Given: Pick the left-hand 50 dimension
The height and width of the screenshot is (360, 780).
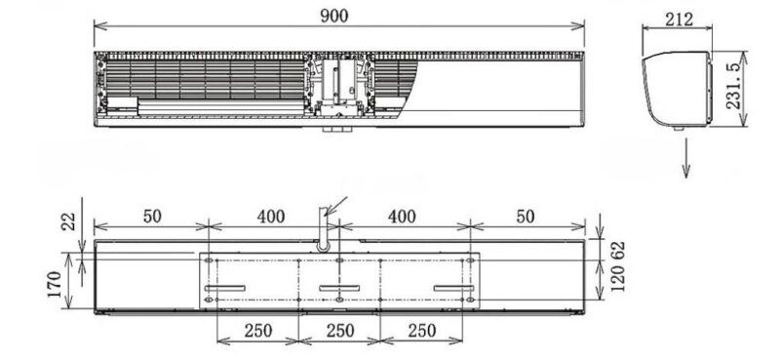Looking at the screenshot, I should pos(151,217).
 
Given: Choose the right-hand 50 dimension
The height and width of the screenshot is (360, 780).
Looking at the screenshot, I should pos(526,217).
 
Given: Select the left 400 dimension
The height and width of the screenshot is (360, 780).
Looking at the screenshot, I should pos(271,217).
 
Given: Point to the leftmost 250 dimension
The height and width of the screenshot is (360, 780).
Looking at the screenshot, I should pos(257,331).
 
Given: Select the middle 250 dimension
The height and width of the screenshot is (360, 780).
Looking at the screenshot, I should pos(339,331).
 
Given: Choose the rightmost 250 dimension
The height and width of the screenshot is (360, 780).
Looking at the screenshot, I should pos(421,331).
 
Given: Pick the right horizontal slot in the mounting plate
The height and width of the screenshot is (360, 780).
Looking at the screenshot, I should pos(452,287).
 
